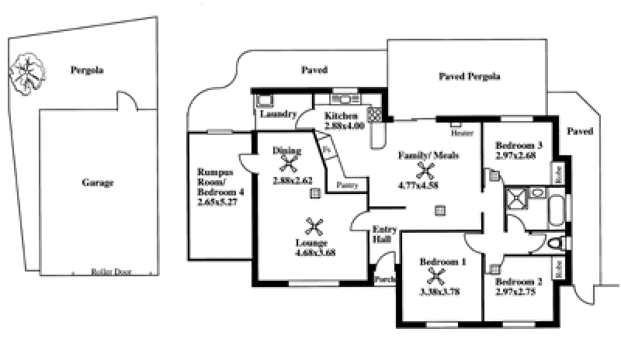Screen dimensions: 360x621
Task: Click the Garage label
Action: tap(98, 184)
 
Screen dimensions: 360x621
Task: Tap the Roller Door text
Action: tap(109, 272)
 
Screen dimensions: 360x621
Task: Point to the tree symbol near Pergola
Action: tap(26, 72)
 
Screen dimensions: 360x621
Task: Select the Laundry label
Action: tap(278, 114)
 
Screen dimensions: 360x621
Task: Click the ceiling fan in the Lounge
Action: tap(314, 227)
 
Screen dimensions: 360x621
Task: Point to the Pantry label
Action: tap(347, 185)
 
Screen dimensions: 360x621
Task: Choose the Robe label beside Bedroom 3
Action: tap(557, 173)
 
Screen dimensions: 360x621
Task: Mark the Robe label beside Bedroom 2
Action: tap(557, 268)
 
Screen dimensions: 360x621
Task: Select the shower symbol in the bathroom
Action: tap(515, 200)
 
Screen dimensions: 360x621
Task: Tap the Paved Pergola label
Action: tap(469, 77)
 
